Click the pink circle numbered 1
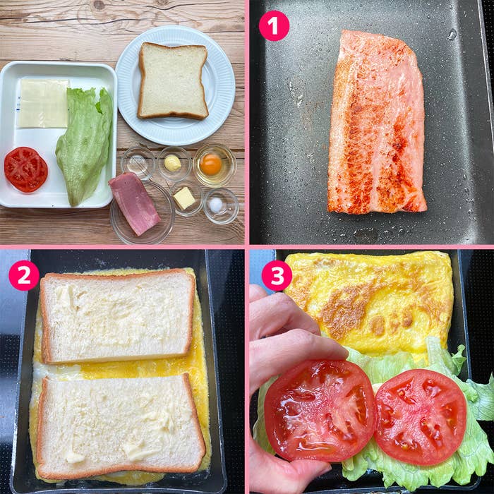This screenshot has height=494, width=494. (x=274, y=26)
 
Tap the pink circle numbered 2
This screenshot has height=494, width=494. (x=24, y=275)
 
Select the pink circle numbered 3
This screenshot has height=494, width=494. (x=277, y=275)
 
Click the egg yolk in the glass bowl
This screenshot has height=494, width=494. (x=211, y=164)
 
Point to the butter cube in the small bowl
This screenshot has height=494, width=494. (x=184, y=198)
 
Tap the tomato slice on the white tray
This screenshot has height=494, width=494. (x=26, y=169)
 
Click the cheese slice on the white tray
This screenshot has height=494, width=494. (x=43, y=103)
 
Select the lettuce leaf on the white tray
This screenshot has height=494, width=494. (x=85, y=146)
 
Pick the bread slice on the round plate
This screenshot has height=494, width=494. (x=173, y=80)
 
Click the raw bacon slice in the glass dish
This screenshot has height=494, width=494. (x=135, y=203)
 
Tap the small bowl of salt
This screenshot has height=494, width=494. (x=221, y=206)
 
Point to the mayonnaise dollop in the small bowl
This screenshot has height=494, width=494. (x=173, y=163)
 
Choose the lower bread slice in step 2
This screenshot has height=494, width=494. (x=120, y=426)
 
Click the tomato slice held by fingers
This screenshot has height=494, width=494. (x=320, y=410)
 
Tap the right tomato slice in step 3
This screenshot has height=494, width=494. (x=421, y=417)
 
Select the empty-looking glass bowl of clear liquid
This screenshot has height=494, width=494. (x=138, y=163)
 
